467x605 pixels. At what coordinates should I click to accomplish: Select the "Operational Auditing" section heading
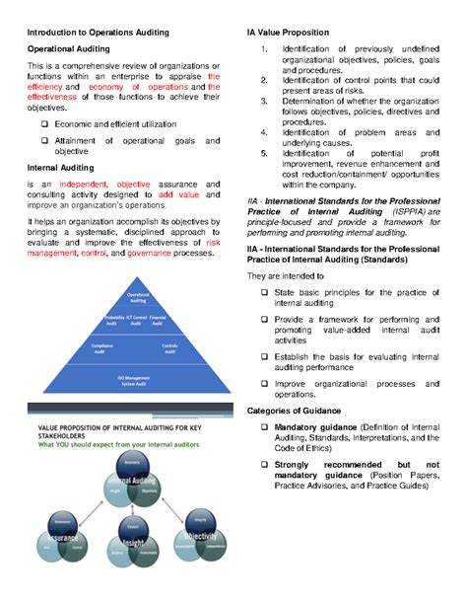tap(68, 47)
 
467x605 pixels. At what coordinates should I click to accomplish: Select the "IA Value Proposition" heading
tap(280, 33)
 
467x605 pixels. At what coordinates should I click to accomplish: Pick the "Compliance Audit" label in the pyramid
tap(102, 347)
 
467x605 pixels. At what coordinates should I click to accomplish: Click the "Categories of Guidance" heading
tap(294, 410)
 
